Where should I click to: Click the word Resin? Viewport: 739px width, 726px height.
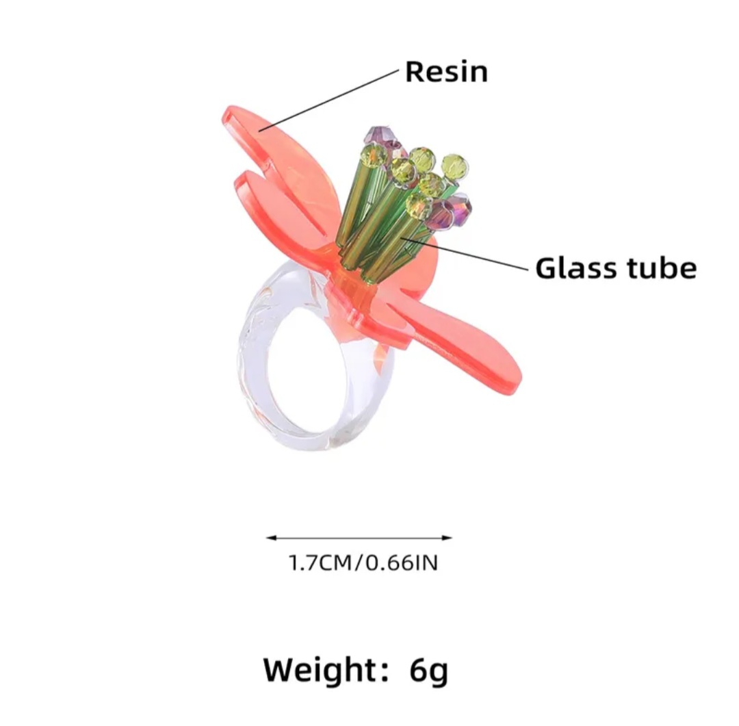coord(446,72)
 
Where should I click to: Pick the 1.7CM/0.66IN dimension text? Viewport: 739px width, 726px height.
coord(363,563)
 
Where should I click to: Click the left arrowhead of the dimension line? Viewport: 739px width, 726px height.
coord(270,537)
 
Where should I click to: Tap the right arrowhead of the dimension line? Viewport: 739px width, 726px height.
coord(448,537)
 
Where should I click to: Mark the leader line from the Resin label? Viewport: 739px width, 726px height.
coord(328,100)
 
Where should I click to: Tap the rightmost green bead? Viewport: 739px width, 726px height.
coord(455,166)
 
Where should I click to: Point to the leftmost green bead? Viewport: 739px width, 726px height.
coord(374,156)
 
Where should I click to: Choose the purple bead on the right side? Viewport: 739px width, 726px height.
coord(456,209)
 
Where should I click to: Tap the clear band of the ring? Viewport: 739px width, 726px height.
coord(250,372)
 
